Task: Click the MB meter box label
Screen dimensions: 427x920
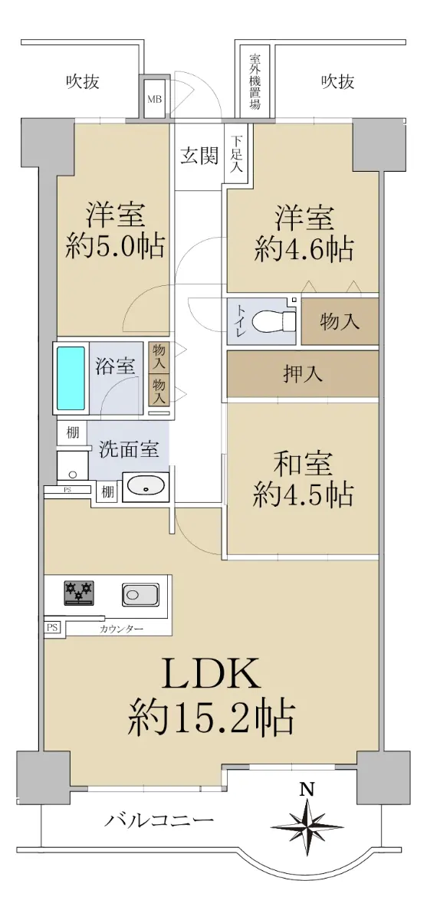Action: coord(155,99)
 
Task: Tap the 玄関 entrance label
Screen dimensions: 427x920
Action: coord(199,156)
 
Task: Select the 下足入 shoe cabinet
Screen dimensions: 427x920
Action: coord(235,154)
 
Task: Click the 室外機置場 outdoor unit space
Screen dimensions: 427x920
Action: coord(255,82)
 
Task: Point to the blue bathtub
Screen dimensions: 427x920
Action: coord(71,378)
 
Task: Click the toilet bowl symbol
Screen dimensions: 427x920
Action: coord(274,321)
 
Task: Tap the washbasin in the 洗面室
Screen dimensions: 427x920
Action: coord(146,485)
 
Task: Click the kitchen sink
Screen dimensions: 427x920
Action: coord(140,594)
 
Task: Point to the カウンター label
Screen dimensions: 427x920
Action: coord(121,629)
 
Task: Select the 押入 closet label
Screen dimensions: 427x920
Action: coord(303,374)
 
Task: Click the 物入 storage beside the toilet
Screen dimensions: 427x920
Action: coord(340,321)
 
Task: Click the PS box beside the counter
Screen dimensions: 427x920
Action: coord(52,628)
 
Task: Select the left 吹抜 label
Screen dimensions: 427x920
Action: coord(83,82)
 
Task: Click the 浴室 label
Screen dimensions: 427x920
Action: coord(115,366)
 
